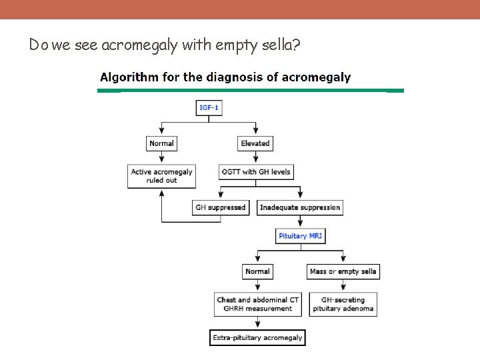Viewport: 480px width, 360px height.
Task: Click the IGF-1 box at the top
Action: (x=209, y=108)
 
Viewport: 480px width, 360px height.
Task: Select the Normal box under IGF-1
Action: (x=161, y=143)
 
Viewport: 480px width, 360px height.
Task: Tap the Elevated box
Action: (x=255, y=143)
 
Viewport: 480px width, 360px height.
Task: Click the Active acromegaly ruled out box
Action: (x=161, y=176)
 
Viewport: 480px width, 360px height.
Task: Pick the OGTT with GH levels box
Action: (x=257, y=171)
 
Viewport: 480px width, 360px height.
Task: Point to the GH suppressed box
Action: (x=221, y=207)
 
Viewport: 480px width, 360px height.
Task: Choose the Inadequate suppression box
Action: (x=300, y=207)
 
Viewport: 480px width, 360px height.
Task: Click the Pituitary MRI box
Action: (x=301, y=236)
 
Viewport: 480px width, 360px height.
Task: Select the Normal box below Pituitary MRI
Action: (x=257, y=271)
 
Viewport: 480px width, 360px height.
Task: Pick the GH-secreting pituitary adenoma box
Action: (x=343, y=304)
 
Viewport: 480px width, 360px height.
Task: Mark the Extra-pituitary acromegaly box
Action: (x=257, y=338)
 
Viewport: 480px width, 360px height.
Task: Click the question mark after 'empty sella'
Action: (x=295, y=45)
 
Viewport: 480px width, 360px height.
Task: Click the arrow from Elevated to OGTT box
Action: (x=255, y=158)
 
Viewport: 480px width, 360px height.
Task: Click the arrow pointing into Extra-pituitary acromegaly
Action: (x=257, y=324)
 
